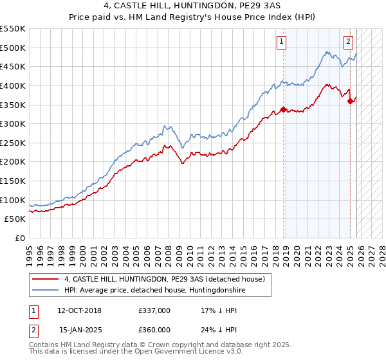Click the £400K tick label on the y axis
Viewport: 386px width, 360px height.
[12, 85]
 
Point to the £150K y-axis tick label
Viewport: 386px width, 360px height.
[12, 181]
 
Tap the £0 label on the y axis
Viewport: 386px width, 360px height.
[19, 239]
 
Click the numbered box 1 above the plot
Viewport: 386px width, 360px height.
[282, 42]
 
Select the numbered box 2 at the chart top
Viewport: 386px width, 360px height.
[348, 42]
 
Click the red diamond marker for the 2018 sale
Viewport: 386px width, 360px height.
[284, 109]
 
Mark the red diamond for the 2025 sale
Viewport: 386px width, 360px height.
[350, 100]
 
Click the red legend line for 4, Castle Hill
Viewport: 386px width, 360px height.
[46, 278]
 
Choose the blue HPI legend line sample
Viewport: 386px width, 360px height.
[46, 290]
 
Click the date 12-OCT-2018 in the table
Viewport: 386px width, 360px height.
[79, 310]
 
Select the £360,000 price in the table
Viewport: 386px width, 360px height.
[154, 329]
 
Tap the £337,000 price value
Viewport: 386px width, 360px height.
[154, 310]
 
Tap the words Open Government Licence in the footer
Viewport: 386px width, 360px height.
[174, 352]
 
